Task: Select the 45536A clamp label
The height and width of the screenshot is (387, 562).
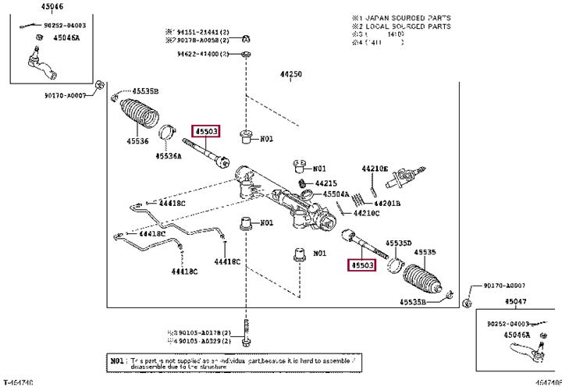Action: pyautogui.click(x=168, y=155)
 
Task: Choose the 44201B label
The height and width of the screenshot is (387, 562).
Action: pyautogui.click(x=387, y=203)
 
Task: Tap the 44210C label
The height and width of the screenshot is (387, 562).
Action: pyautogui.click(x=366, y=213)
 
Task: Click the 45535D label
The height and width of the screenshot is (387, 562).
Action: pyautogui.click(x=398, y=243)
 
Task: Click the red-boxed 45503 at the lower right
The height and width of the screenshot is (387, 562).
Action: pyautogui.click(x=361, y=265)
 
